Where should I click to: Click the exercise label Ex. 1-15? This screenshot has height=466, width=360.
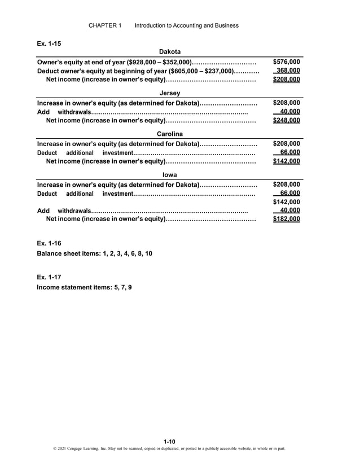point(49,43)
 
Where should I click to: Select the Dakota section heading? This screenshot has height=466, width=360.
point(170,52)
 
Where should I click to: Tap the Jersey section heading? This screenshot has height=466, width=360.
point(170,93)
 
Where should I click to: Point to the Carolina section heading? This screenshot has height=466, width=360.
point(170,134)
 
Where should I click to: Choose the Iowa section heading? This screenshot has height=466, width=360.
point(170,175)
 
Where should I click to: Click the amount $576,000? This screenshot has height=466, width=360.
point(286,62)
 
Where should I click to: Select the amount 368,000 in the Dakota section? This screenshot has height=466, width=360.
point(287,71)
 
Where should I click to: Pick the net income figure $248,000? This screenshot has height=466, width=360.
point(286,121)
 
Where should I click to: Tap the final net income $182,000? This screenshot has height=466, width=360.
point(286,219)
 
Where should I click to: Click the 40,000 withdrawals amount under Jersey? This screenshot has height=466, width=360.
point(289,112)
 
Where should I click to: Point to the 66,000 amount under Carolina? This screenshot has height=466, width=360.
point(289,152)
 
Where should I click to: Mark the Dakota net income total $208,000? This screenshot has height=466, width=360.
point(286,80)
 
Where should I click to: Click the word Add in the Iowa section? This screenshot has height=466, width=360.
point(43,210)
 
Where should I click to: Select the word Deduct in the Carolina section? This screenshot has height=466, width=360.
point(47,153)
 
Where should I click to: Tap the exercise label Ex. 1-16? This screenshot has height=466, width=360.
point(49,243)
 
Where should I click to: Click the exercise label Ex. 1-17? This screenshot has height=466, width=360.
point(49,277)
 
